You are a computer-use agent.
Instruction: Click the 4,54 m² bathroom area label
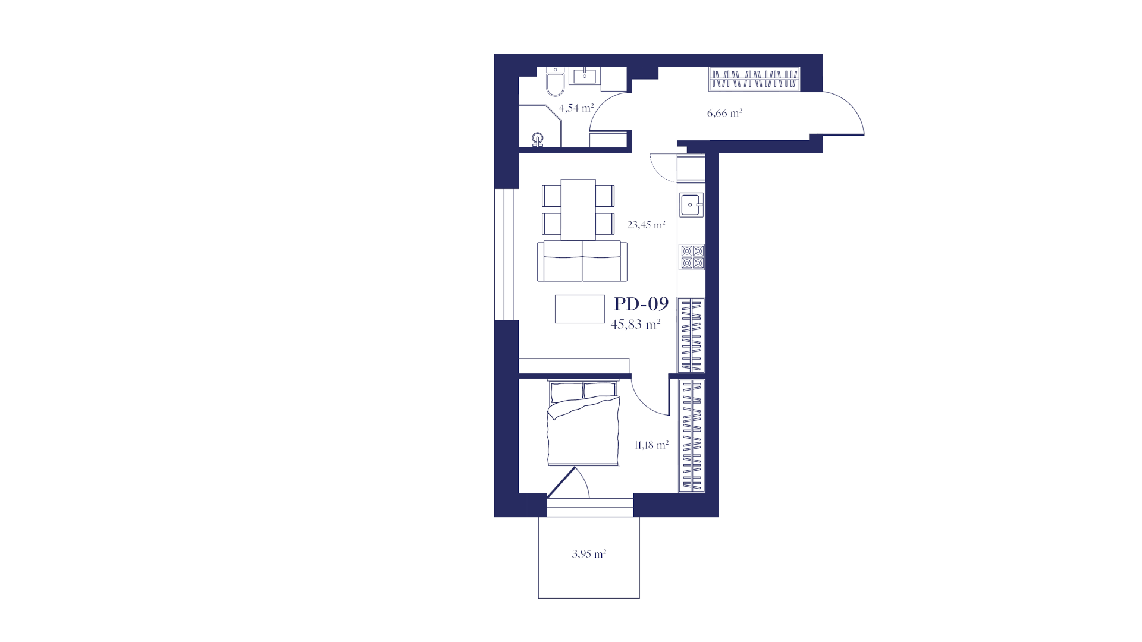coord(576,108)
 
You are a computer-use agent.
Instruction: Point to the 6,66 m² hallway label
coord(724,112)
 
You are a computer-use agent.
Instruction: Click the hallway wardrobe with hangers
coord(754,79)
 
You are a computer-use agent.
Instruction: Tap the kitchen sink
coord(692,205)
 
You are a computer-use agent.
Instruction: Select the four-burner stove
coord(692,257)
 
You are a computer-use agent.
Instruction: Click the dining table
coord(578,209)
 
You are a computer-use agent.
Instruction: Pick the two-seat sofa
coord(582,261)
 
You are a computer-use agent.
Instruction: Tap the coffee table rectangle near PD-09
coord(580,309)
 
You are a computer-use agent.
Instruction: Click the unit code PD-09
coord(641,304)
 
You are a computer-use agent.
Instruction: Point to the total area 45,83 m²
coord(636,325)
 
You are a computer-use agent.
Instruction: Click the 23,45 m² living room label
coord(646,225)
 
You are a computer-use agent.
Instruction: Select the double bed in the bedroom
coord(583,423)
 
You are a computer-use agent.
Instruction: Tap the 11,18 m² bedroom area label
coord(651,445)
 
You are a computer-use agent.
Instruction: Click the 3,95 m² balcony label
coord(589,554)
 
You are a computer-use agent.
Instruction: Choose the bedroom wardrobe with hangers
coord(692,436)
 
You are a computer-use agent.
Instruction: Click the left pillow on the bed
coord(566,391)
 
